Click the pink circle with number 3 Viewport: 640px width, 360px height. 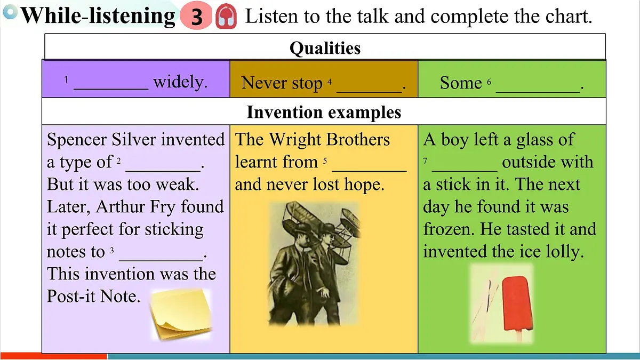point(197,17)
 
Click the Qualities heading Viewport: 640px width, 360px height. point(325,48)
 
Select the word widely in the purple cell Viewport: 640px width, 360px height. point(180,82)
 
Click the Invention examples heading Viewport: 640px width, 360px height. point(324,113)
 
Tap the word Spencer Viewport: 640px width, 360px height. point(77,140)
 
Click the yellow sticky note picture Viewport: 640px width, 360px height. point(180,314)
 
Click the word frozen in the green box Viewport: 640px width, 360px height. point(448,229)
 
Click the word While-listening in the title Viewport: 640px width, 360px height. point(98,16)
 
